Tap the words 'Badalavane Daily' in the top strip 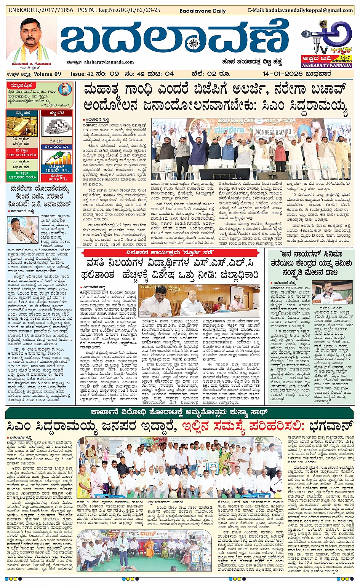pos(202,11)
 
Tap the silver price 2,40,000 pos(57,147)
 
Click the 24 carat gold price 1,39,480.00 pos(22,155)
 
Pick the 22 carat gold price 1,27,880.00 pos(22,177)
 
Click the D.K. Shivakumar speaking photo pos(22,230)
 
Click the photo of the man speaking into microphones pos(337,292)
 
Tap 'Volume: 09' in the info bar pos(47,74)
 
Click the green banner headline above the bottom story pos(179,413)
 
